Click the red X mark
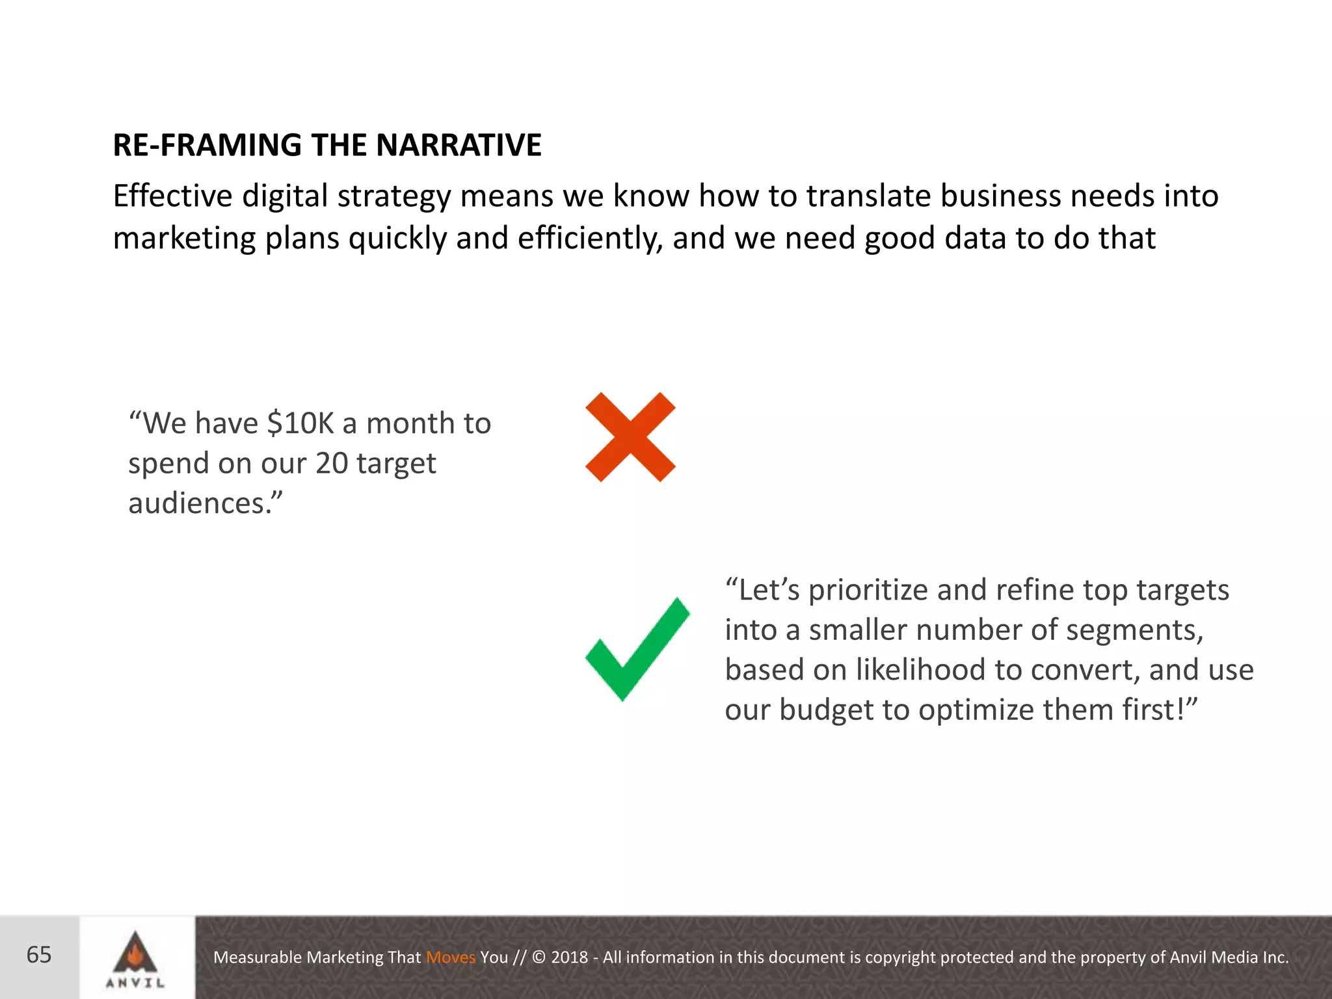(x=630, y=437)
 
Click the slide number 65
(x=39, y=955)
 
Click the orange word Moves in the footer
(x=451, y=957)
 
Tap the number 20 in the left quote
(x=332, y=464)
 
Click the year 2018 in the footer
(x=569, y=957)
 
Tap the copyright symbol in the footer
(x=539, y=957)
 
